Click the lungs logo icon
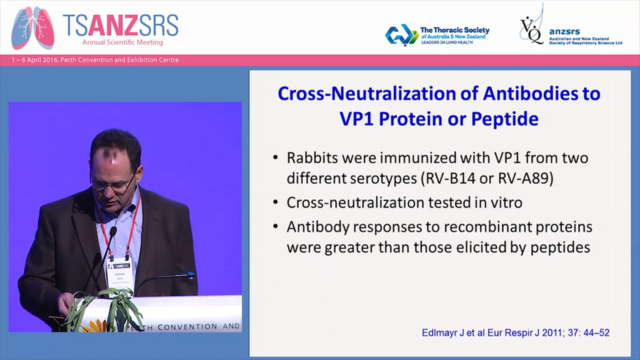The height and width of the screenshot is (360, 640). [32, 28]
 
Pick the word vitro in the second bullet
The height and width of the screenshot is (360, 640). [505, 202]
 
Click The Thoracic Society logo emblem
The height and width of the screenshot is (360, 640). [401, 35]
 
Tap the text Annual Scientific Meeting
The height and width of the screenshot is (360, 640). [122, 42]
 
